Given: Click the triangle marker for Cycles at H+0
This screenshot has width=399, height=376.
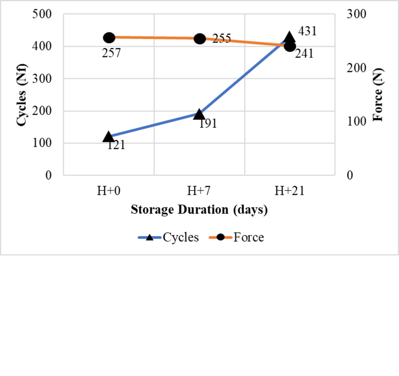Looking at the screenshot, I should coord(108,137).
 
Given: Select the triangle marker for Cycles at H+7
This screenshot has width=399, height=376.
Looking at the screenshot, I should coord(199,114).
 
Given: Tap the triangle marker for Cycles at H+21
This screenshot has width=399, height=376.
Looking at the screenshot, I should coord(289,37).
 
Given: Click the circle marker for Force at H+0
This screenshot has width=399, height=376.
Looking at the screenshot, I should coord(109,37).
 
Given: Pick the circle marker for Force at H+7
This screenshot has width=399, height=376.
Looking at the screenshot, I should coord(199,39).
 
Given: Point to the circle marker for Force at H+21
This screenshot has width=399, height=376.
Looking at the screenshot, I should coord(290,46).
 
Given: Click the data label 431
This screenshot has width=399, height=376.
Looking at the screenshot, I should coord(307,31).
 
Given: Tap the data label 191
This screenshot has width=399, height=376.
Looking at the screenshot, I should coord(207,124).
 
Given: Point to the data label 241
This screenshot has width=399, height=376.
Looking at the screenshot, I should coord(304,54).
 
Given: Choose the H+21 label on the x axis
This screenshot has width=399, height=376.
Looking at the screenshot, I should coord(289,191).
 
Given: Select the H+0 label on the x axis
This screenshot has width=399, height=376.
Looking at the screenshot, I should coord(109,191).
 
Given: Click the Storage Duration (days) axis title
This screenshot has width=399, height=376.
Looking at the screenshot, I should coord(199,210).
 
